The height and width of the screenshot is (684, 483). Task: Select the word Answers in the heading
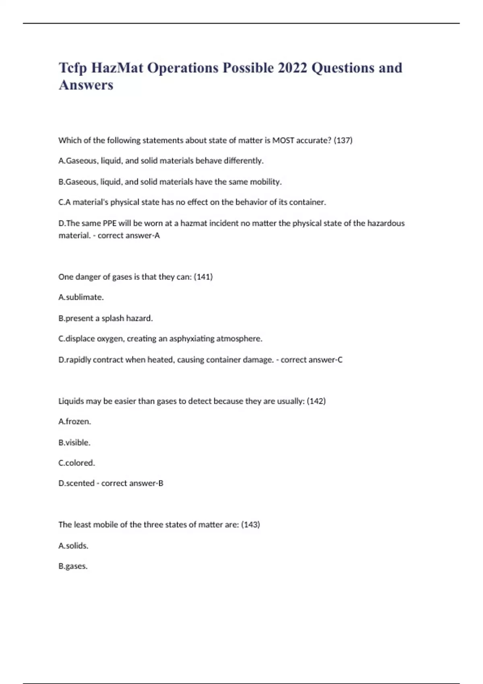(86, 85)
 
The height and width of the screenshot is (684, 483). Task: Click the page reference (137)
(343, 140)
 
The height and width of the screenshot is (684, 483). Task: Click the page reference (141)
(203, 277)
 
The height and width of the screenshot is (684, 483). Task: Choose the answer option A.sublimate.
(81, 297)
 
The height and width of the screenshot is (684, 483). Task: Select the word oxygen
(110, 339)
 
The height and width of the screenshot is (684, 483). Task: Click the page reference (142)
(316, 401)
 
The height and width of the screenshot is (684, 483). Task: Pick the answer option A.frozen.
(75, 422)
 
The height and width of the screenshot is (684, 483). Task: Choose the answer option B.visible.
(74, 443)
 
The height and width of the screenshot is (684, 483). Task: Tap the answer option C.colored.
(77, 463)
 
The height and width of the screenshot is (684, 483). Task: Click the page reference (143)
(250, 525)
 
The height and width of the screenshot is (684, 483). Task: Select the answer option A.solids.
(73, 546)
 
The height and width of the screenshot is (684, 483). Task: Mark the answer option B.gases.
(73, 566)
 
